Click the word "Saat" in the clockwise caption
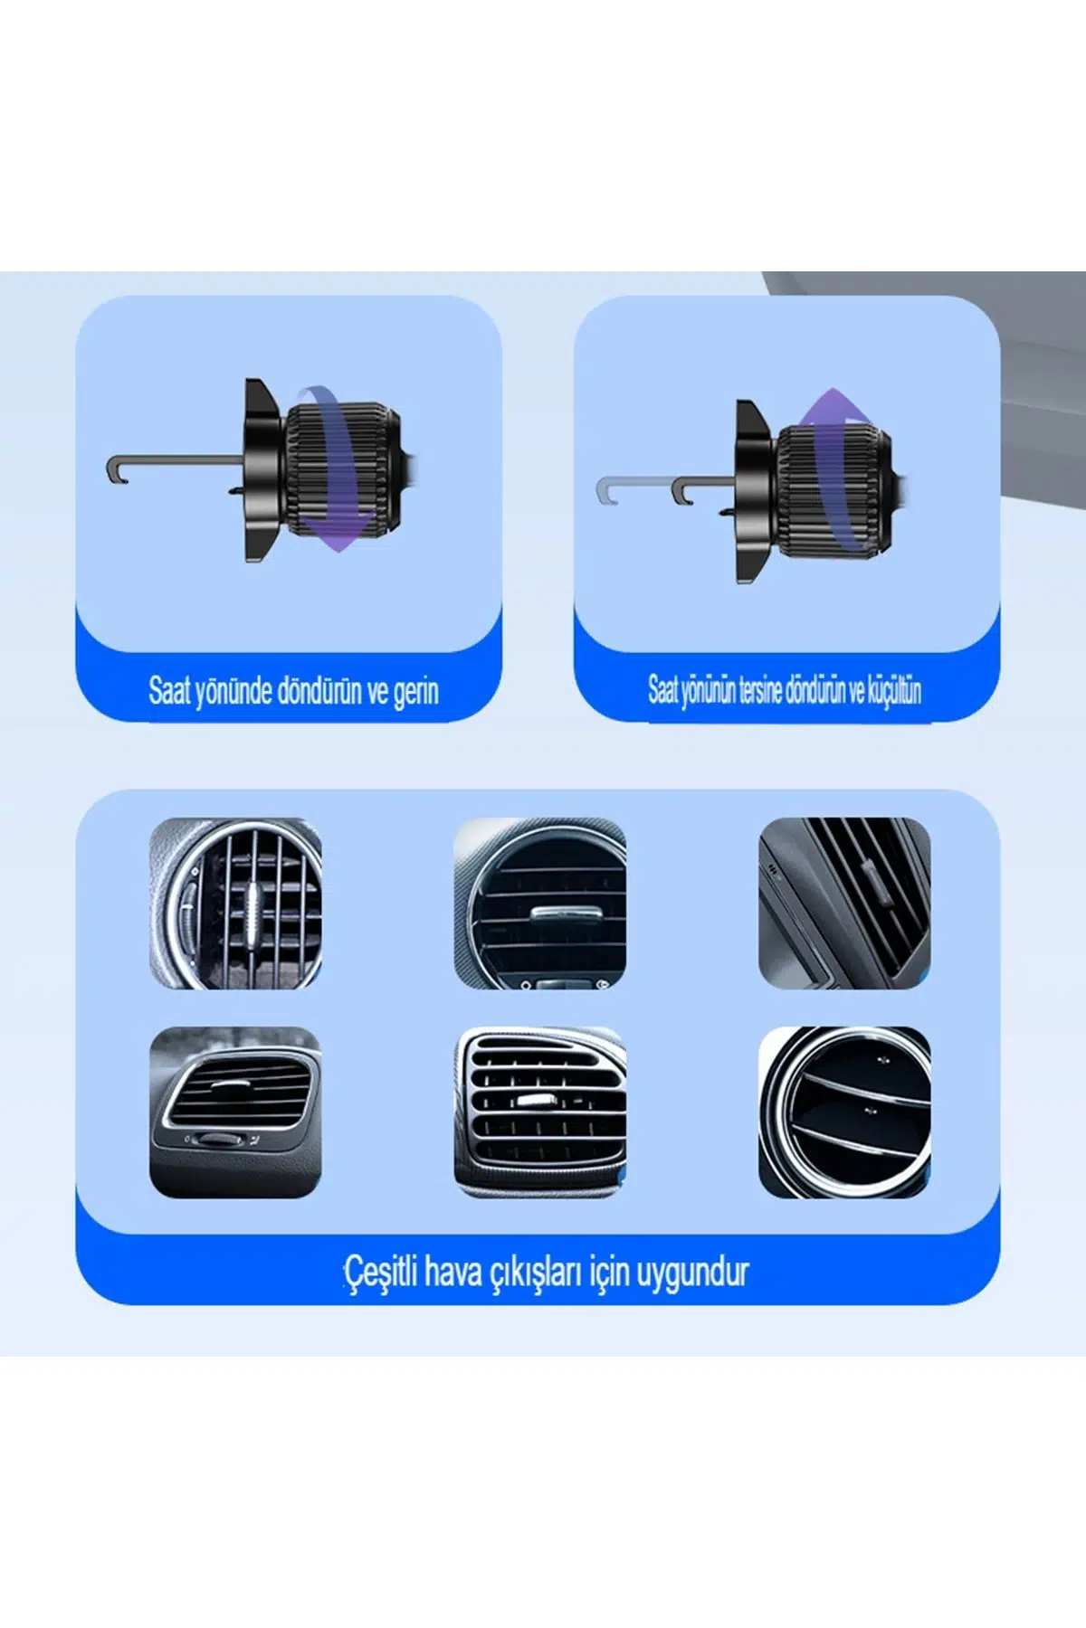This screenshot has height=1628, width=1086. pos(169,691)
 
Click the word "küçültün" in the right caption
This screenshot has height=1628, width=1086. pos(894,690)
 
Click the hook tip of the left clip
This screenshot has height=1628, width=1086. pos(111,469)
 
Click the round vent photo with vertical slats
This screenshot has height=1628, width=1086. pos(235,903)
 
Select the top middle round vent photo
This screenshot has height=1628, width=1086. pos(539,903)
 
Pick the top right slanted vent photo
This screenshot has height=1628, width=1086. pos(844,903)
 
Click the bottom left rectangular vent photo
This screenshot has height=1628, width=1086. pos(235,1112)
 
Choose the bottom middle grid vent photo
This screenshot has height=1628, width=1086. pos(539,1112)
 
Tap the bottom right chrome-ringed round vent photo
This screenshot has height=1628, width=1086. pos(844,1112)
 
